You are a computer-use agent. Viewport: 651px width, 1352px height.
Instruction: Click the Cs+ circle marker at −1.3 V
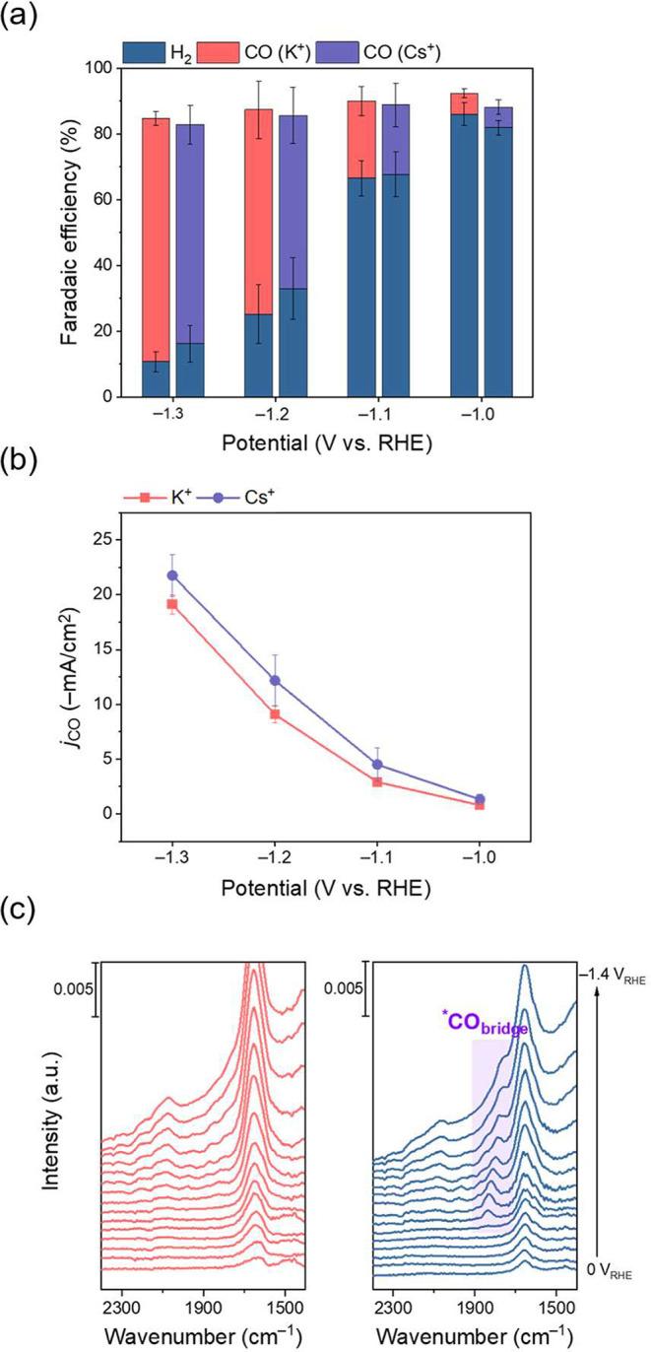click(x=172, y=575)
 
